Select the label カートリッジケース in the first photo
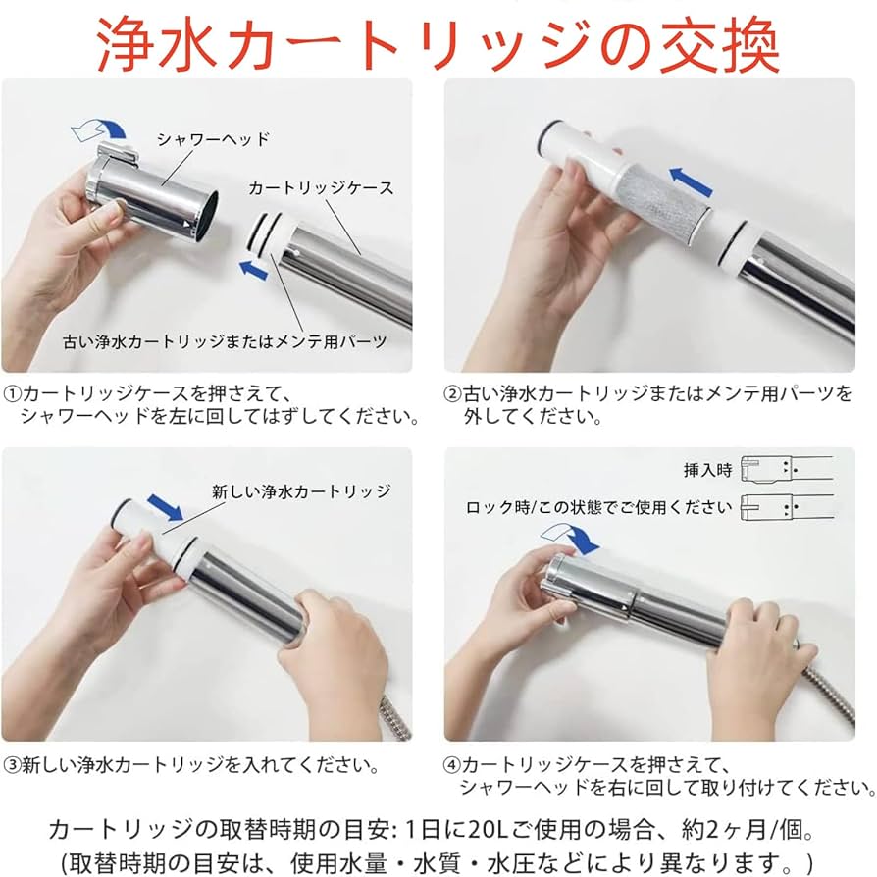[320, 187]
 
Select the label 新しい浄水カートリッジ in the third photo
[301, 490]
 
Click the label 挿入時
[708, 470]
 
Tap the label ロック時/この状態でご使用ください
[598, 507]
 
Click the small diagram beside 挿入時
[786, 469]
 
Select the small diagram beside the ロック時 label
[786, 507]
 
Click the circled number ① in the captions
[12, 394]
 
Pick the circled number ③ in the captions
[12, 763]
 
